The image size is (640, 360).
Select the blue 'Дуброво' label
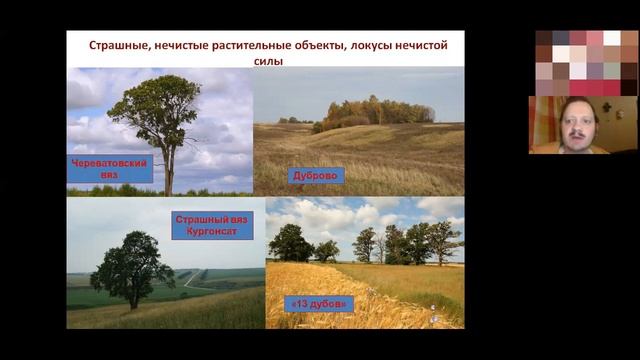coord(317,175)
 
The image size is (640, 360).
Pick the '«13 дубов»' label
coord(318,303)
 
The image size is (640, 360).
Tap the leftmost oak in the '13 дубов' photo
coord(289,243)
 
